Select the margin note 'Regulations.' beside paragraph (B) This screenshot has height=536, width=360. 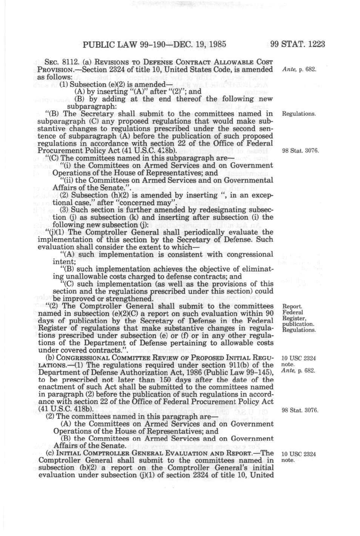click(x=299, y=114)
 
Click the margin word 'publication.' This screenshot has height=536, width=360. click(x=299, y=324)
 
